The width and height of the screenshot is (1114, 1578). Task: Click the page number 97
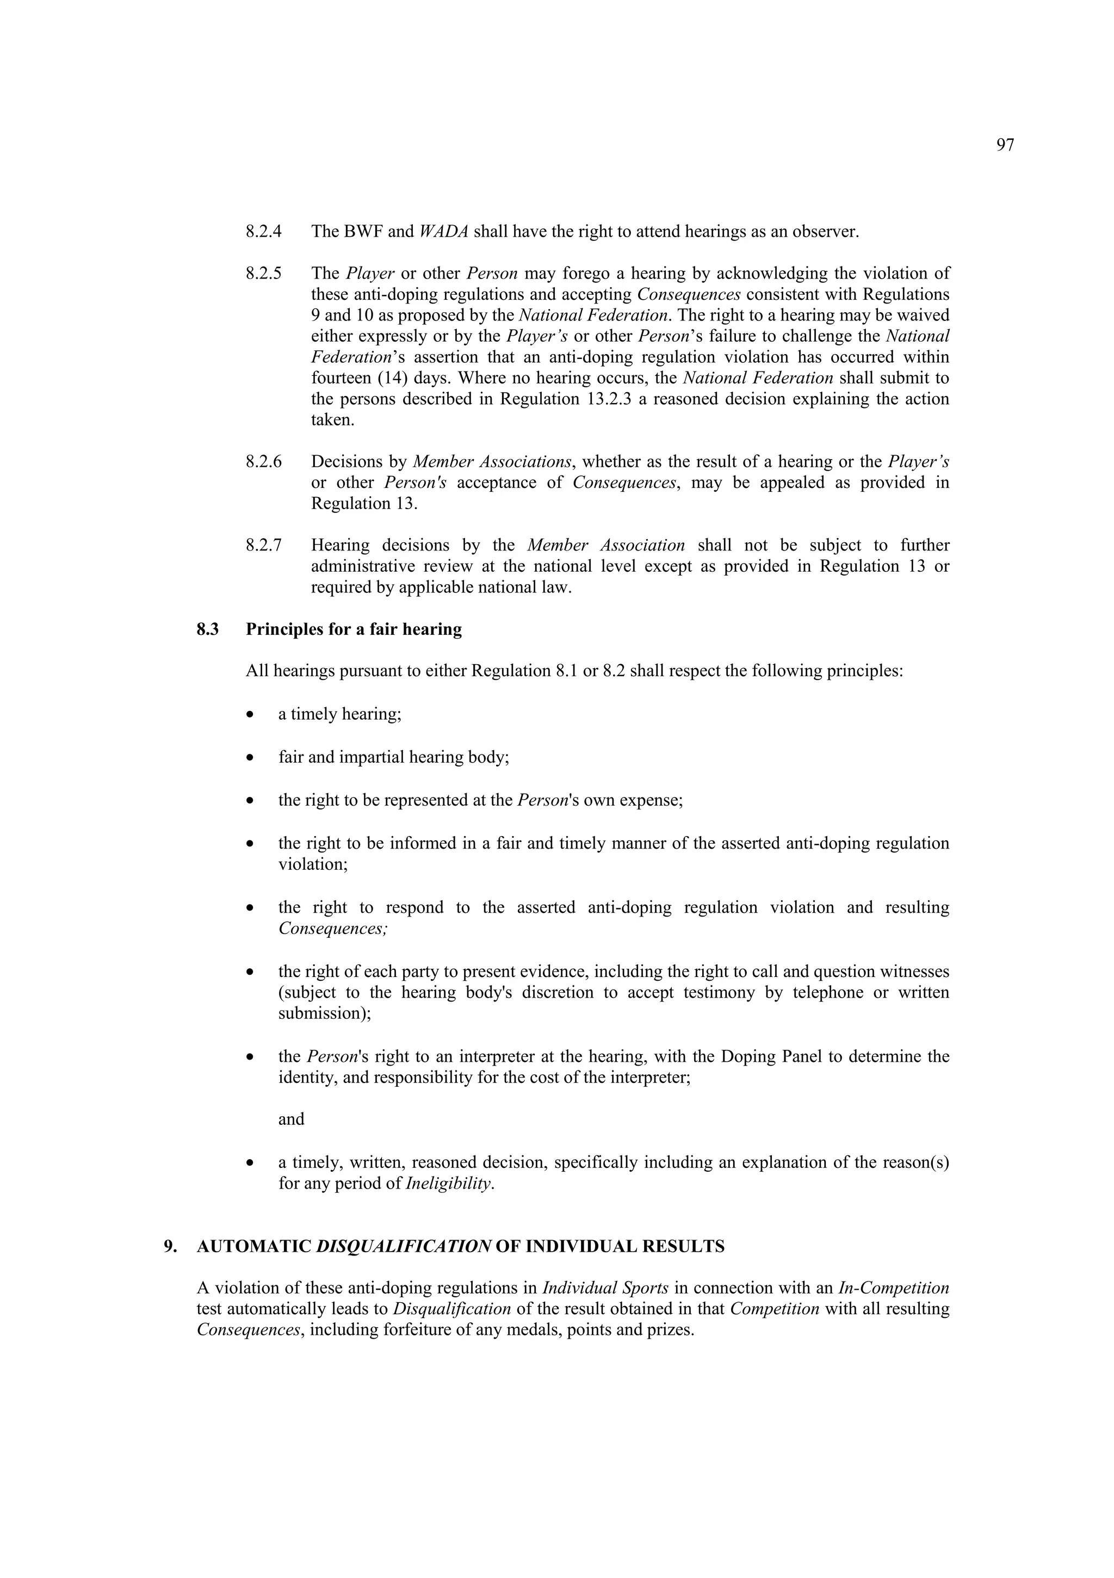1005,145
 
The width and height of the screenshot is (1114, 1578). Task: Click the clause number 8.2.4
264,232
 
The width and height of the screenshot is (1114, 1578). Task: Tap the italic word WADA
443,232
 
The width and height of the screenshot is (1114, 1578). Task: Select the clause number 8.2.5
264,274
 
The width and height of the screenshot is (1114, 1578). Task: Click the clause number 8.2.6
264,462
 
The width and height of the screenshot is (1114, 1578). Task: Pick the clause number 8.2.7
264,546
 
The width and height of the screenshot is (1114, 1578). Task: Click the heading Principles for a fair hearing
354,629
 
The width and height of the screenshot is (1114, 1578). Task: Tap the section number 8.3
208,629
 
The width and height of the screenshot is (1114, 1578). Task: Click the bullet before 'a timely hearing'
251,715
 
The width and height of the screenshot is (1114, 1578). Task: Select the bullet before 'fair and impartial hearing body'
251,758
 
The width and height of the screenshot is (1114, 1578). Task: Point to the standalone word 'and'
292,1119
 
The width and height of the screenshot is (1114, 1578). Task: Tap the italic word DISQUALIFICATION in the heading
404,1247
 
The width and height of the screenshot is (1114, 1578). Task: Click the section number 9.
170,1247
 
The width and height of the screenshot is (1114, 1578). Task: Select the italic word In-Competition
894,1288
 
